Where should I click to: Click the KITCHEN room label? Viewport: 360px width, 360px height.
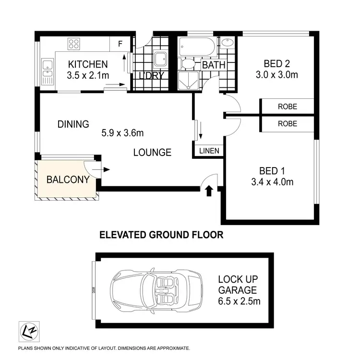pyautogui.click(x=87, y=64)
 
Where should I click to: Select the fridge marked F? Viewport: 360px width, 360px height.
pyautogui.click(x=120, y=44)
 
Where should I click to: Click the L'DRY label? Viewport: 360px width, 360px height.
pyautogui.click(x=152, y=76)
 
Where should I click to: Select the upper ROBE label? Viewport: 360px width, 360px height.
pyautogui.click(x=287, y=107)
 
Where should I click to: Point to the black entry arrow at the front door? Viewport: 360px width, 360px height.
pyautogui.click(x=209, y=192)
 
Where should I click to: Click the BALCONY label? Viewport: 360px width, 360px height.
pyautogui.click(x=68, y=180)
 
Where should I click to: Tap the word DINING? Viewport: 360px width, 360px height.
pyautogui.click(x=73, y=124)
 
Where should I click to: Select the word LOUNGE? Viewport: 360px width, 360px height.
pyautogui.click(x=152, y=153)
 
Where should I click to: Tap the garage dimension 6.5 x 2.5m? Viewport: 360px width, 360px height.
pyautogui.click(x=240, y=301)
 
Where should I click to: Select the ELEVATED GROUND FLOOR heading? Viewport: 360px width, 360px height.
pyautogui.click(x=161, y=235)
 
